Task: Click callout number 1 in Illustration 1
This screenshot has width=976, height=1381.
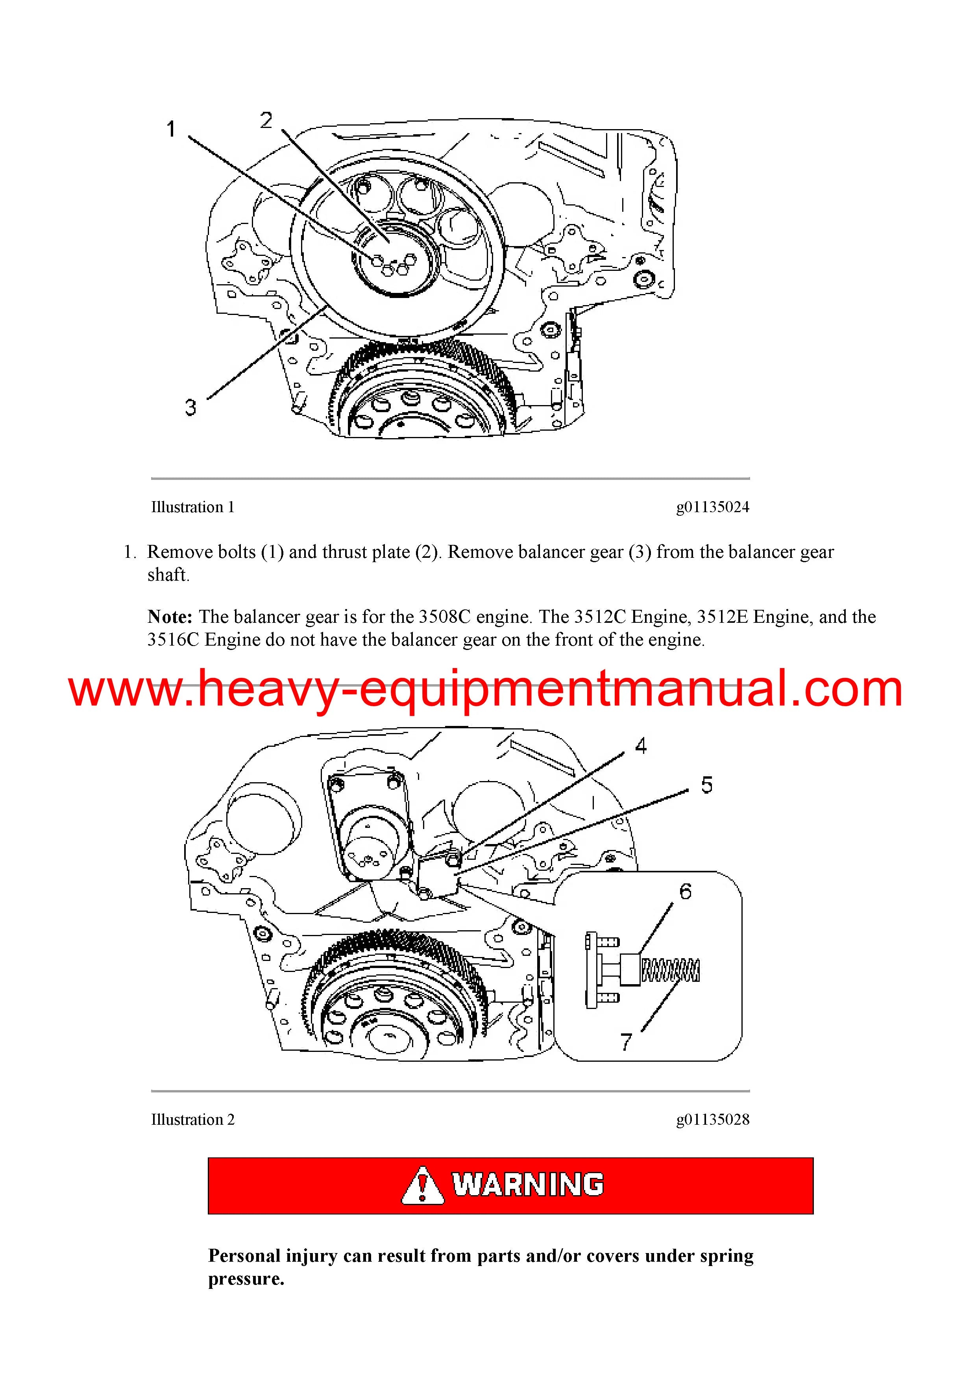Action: pyautogui.click(x=171, y=129)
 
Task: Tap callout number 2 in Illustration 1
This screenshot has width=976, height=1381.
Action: pyautogui.click(x=266, y=120)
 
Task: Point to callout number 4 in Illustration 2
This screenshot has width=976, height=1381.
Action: pyautogui.click(x=641, y=746)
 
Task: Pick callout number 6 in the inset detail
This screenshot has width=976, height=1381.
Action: pyautogui.click(x=686, y=891)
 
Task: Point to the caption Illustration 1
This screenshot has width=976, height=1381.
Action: pyautogui.click(x=192, y=507)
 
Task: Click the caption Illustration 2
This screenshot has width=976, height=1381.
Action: pyautogui.click(x=192, y=1119)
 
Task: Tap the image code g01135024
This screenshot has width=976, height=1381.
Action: pyautogui.click(x=713, y=507)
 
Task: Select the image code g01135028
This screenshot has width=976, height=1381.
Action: pyautogui.click(x=713, y=1119)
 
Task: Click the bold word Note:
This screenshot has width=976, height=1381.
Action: pyautogui.click(x=170, y=616)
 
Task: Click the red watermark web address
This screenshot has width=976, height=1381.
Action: pyautogui.click(x=486, y=689)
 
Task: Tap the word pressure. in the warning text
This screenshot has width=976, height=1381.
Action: pyautogui.click(x=246, y=1279)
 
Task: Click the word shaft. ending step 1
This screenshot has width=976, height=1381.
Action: pyautogui.click(x=168, y=575)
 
